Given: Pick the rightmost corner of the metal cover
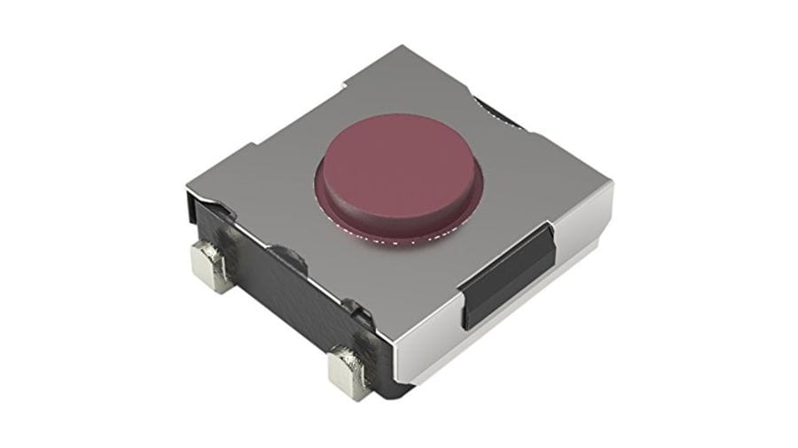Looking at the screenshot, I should click(613, 181).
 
